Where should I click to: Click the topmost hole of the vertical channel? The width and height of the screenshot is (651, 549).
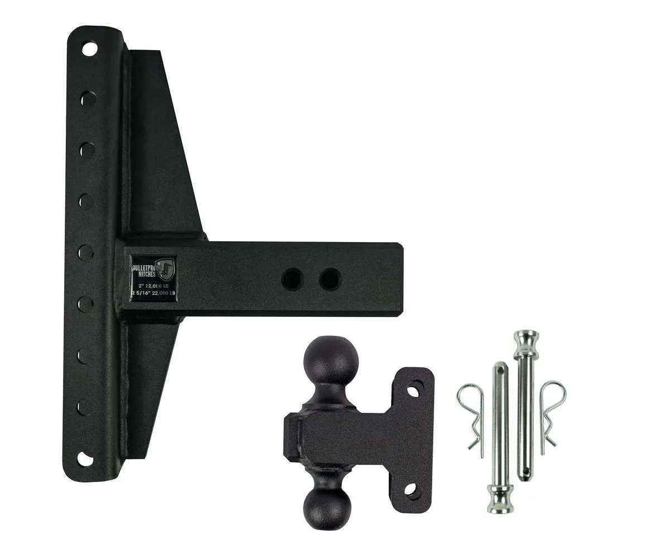point(89,48)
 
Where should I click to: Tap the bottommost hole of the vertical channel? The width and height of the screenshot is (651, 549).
point(85,459)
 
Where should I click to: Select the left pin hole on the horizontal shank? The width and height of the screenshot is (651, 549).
point(291,278)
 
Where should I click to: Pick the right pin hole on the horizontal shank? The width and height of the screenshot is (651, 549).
point(330,278)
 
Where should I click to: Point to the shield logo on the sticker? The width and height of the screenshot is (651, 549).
point(165,268)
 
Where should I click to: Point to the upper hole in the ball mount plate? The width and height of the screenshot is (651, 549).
point(413,391)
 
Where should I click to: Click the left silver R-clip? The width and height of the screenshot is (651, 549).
point(471,410)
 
